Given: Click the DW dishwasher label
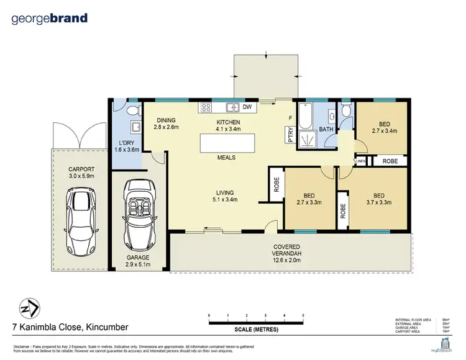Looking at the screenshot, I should [247, 107].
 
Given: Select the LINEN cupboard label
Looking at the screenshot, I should [360, 161].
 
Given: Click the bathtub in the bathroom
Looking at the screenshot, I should [306, 118].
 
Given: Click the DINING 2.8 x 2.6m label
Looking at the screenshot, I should [166, 124].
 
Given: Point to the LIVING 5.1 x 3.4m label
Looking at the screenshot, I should [226, 196].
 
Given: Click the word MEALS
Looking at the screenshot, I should [226, 158].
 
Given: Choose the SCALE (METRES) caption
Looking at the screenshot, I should [256, 329].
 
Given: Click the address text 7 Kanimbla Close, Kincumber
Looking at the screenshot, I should [70, 327].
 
